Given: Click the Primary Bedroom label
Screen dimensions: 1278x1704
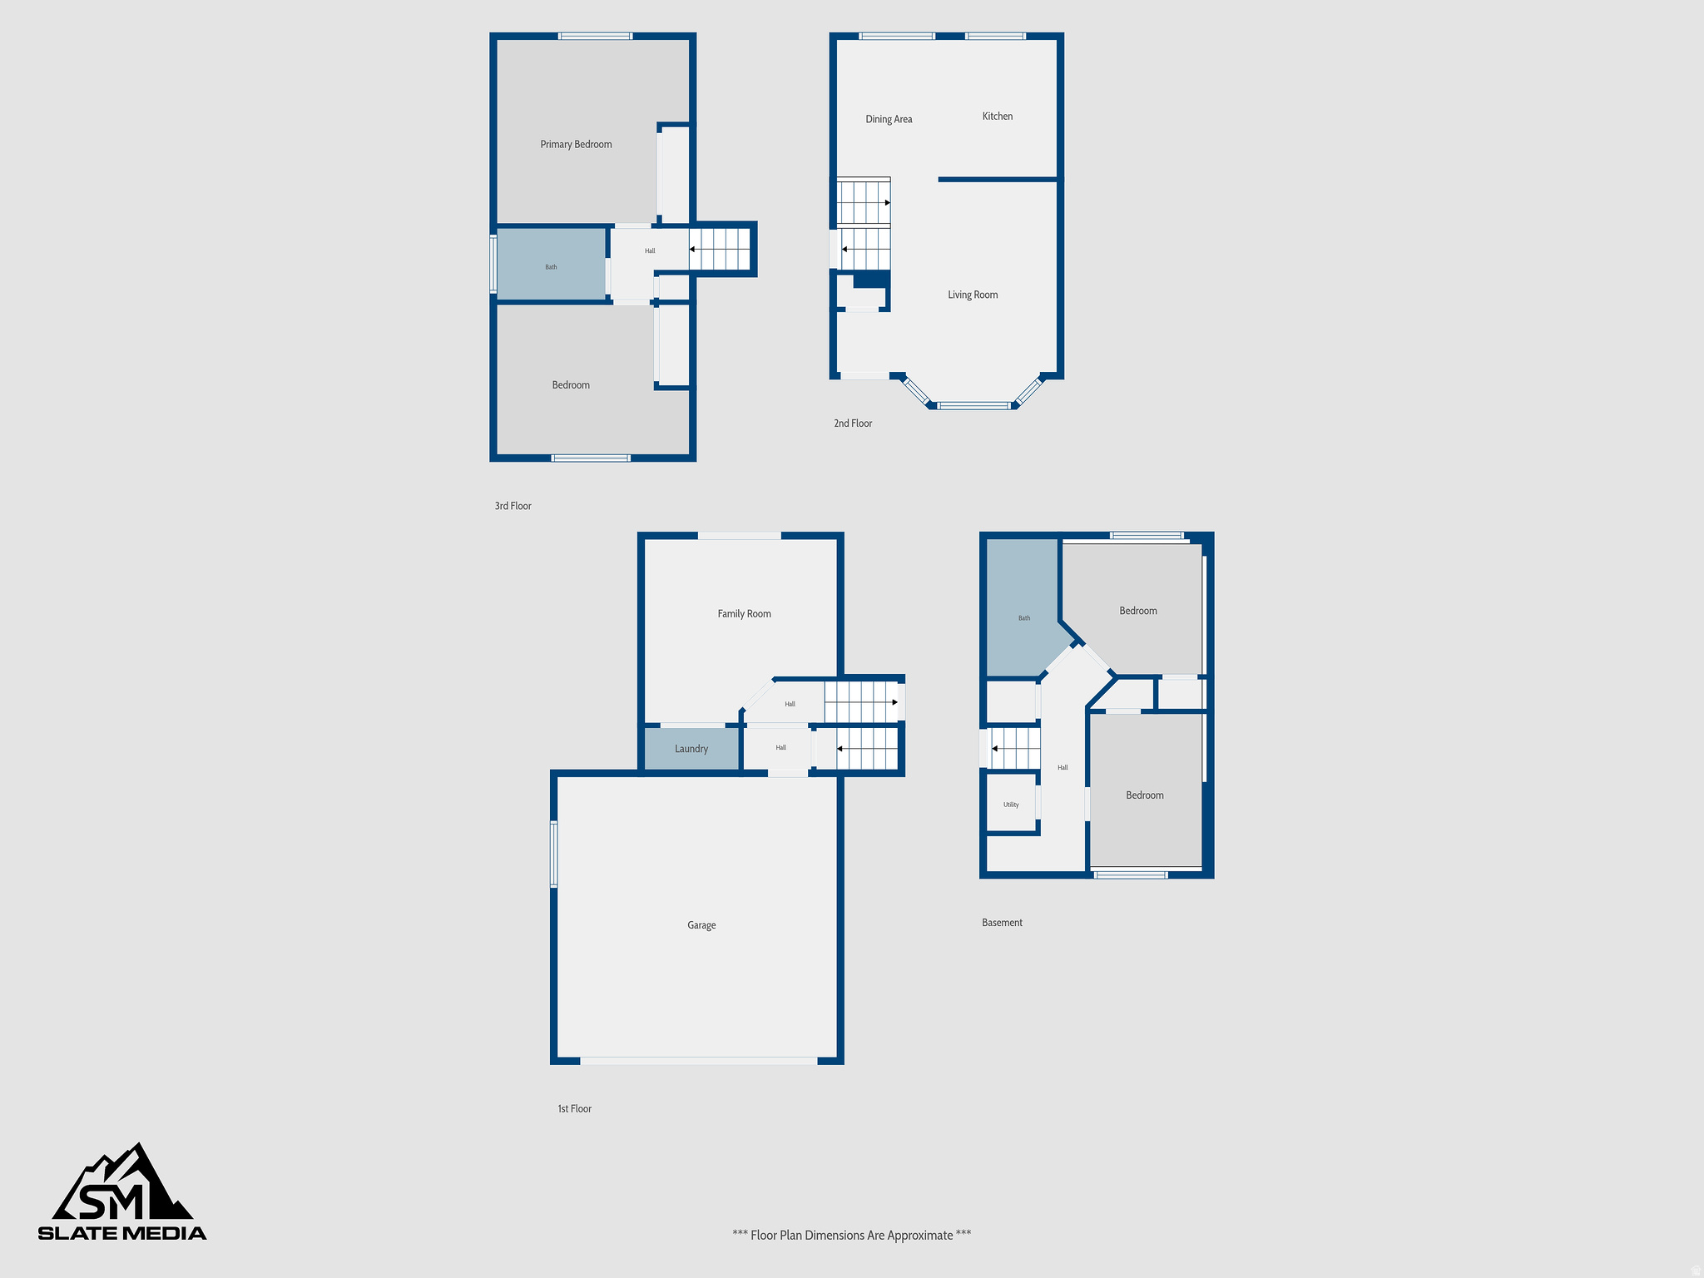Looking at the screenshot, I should pos(576,145).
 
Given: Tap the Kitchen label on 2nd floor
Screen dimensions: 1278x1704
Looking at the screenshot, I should pos(997,116).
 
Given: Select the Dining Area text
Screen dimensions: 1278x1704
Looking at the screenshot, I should pos(889,120).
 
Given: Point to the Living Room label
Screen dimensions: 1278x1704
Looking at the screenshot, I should pos(973,295).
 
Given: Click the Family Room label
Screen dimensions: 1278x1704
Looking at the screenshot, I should pos(744,614).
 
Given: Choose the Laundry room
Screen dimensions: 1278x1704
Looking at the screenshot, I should pos(691,749).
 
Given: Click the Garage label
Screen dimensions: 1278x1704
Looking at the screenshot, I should pos(701,925).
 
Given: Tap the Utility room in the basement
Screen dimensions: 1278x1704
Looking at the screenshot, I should pos(1011,805).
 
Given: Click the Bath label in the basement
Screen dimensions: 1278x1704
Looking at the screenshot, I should pos(1024,618).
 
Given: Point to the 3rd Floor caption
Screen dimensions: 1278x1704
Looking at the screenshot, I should pos(513,506).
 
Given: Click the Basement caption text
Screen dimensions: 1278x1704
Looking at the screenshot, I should pos(1002,923).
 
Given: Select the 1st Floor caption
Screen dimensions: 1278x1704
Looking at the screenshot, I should pos(574,1109).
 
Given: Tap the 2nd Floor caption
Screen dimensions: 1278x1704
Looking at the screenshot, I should pos(853,424).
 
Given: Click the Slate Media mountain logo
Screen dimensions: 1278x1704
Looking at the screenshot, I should pos(122,1191).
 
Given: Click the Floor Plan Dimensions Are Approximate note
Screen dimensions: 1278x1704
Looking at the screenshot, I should pos(851,1236).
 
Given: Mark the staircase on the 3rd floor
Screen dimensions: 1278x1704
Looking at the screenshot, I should pos(721,249).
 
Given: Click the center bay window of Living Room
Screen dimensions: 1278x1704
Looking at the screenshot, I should pos(973,406).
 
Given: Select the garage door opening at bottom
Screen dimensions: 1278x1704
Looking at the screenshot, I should pos(699,1061).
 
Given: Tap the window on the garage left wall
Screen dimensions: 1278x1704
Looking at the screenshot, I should pos(553,854).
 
